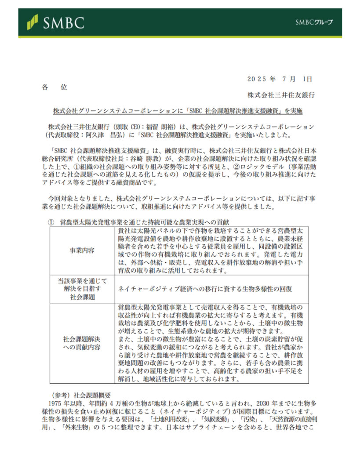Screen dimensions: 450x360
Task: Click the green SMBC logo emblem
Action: click(x=32, y=21)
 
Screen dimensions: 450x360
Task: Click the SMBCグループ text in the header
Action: click(x=314, y=22)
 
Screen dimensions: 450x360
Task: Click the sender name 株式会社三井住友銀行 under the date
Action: click(x=280, y=94)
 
